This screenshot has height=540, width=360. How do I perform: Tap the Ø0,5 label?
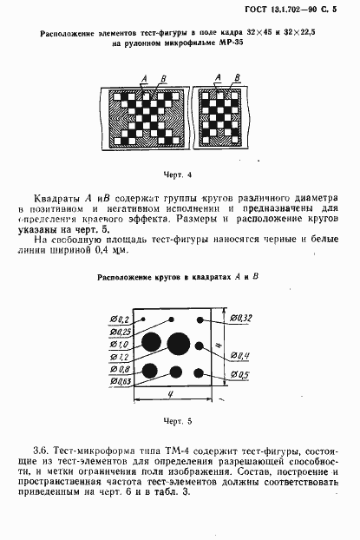tap(243, 375)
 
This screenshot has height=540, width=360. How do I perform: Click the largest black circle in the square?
tap(179, 344)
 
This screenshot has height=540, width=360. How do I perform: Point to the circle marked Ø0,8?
tap(149, 372)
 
